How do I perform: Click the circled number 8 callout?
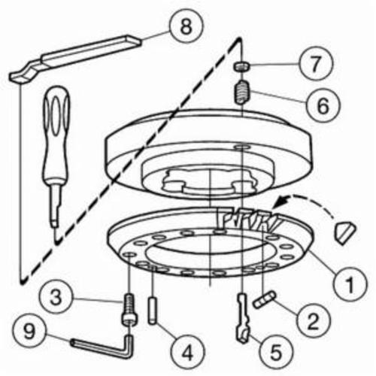(186, 26)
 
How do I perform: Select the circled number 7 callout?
(316, 64)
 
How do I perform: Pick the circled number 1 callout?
(350, 284)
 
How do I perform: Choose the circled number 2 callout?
(313, 321)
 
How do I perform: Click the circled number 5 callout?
(275, 352)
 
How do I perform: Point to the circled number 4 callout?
(187, 352)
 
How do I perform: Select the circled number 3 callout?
(56, 297)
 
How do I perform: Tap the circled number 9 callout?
(29, 332)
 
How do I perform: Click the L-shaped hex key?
(105, 348)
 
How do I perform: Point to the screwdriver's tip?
(56, 235)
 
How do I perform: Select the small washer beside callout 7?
(242, 66)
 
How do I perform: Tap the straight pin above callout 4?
(153, 311)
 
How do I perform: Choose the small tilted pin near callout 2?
(265, 300)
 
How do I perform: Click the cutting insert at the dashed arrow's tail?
(345, 231)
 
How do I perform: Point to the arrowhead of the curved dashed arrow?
(281, 202)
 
